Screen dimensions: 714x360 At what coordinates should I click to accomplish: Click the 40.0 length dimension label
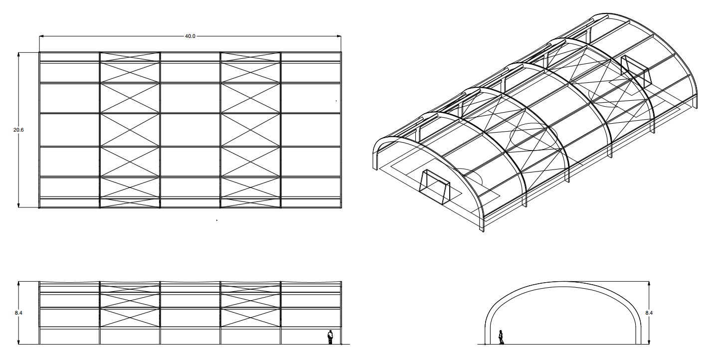click(x=190, y=36)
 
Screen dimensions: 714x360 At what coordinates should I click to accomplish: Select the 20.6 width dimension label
click(x=18, y=130)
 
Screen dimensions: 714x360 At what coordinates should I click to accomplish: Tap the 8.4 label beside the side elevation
click(x=18, y=313)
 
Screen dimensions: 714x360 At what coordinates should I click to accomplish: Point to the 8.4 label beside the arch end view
click(x=649, y=313)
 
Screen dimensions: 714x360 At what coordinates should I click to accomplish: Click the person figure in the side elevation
click(x=330, y=337)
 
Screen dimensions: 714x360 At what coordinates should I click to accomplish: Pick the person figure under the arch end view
click(x=502, y=337)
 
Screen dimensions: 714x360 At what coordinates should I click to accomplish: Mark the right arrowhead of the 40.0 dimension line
click(x=339, y=36)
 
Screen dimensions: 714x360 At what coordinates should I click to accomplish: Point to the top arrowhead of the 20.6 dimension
click(x=18, y=54)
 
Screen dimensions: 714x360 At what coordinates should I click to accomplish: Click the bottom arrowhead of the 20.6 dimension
click(x=18, y=205)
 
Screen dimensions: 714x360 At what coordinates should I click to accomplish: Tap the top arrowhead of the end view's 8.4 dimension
click(x=649, y=284)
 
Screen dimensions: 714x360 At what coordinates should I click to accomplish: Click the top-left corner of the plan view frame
click(x=39, y=52)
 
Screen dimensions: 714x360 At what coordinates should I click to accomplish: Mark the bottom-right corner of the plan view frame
click(x=342, y=208)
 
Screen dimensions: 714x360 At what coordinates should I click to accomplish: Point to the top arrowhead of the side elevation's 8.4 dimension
click(x=18, y=284)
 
